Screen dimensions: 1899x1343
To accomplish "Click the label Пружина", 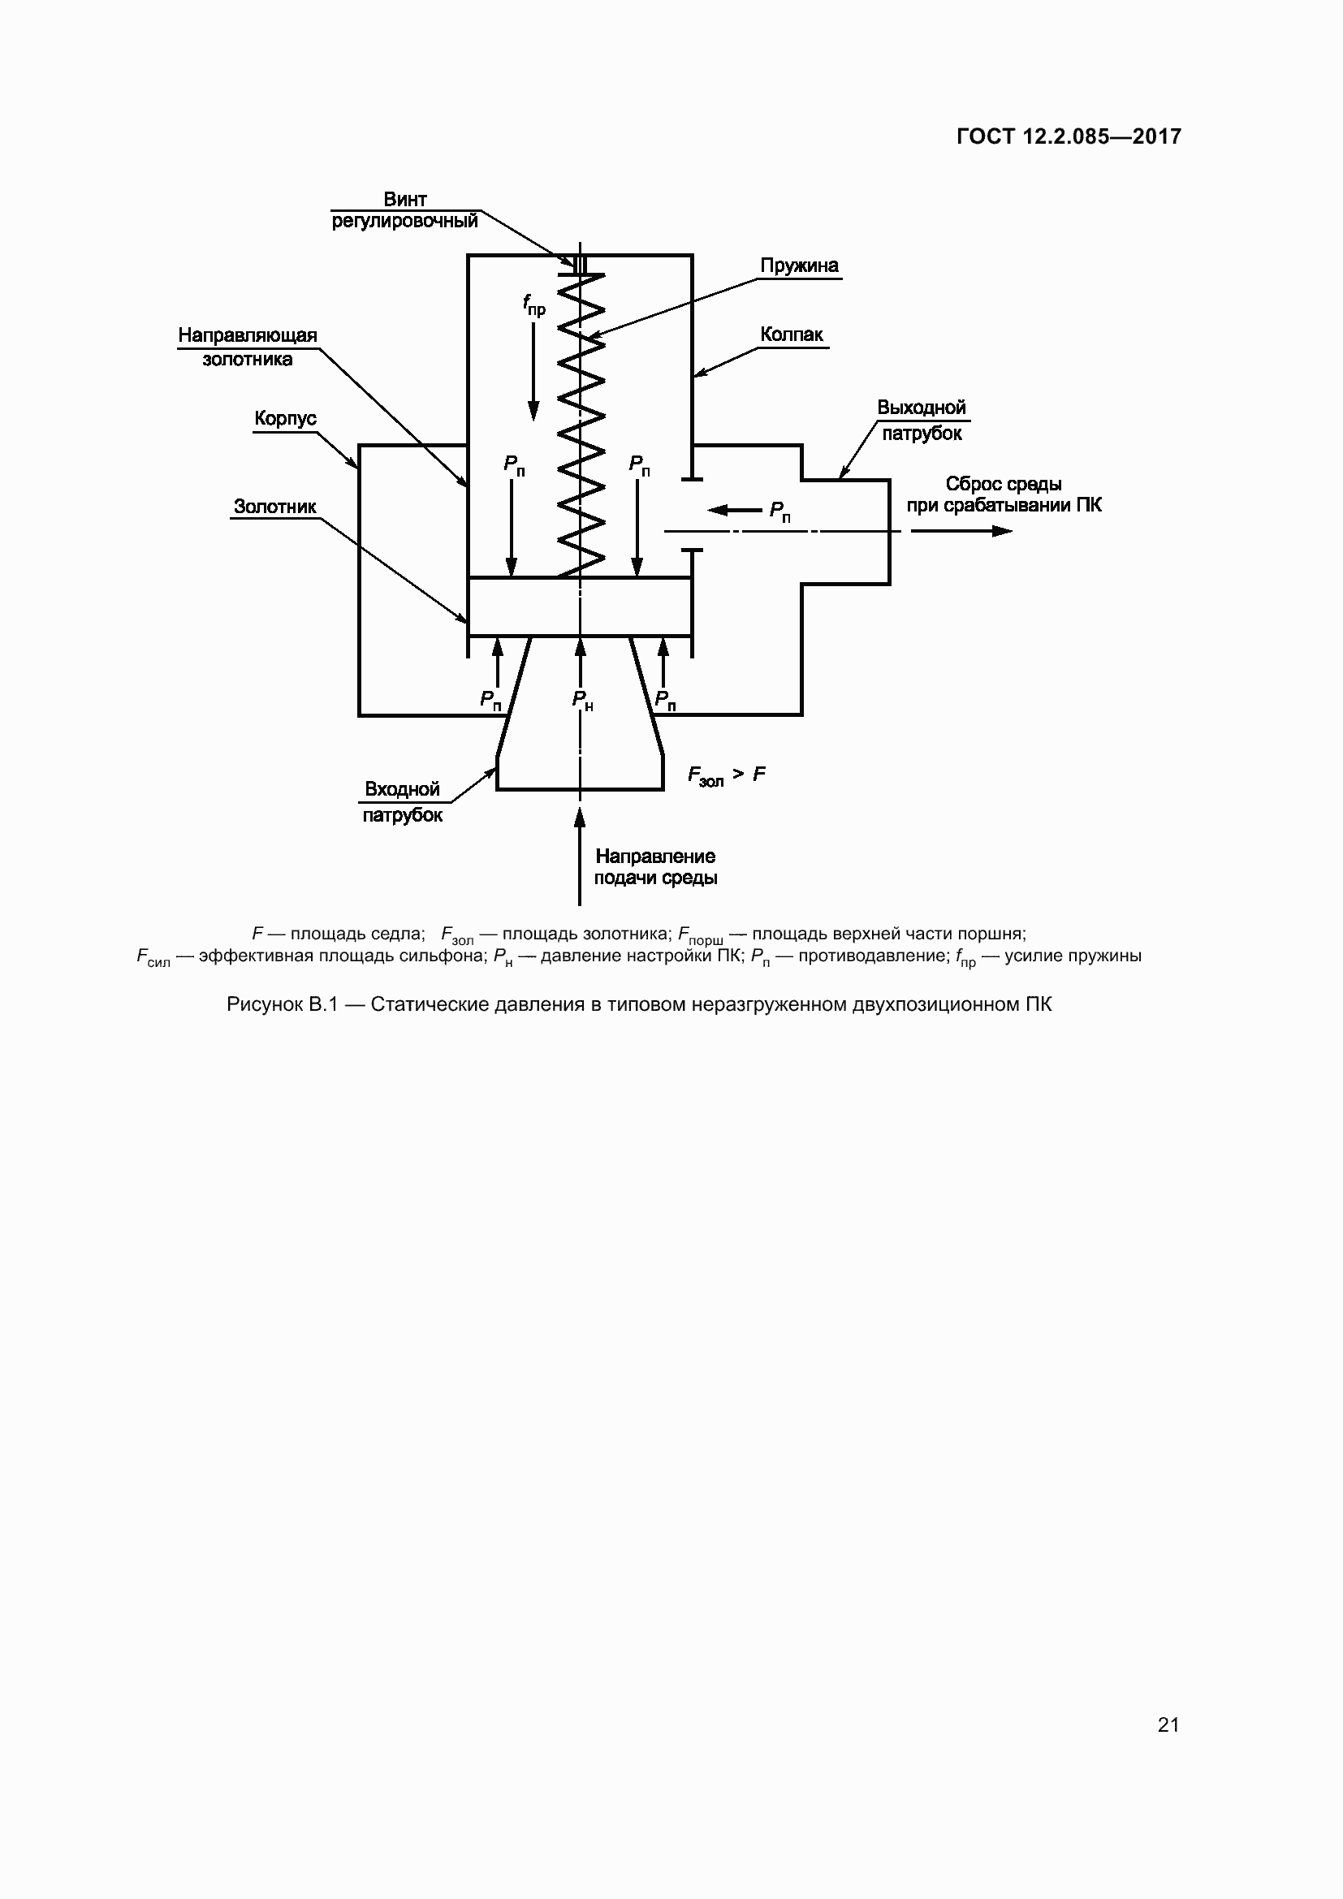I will [x=798, y=265].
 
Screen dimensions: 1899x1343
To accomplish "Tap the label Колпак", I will [x=792, y=334].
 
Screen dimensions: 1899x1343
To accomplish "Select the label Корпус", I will [x=285, y=418].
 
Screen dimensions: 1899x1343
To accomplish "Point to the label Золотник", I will [x=274, y=506].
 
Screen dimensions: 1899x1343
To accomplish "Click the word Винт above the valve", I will [x=404, y=200].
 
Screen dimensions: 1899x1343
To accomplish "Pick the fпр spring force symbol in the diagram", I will [x=533, y=305].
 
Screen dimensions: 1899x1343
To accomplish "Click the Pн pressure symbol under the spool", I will [x=582, y=701].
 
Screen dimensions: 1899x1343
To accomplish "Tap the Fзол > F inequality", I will [x=726, y=775].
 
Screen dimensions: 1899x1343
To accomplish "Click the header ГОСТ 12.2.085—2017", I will [x=1069, y=136].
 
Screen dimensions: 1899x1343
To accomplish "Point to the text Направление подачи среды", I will [x=655, y=867].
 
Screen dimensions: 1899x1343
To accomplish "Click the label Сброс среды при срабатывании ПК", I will [x=1003, y=494].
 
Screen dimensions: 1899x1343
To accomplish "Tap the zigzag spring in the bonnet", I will [x=581, y=422].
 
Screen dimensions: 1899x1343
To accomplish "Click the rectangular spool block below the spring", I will [x=580, y=606].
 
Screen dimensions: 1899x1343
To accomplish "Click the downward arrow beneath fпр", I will [x=533, y=372].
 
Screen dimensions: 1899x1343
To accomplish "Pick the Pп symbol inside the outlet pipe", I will [x=779, y=511].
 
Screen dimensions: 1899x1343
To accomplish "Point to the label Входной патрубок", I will [x=402, y=801].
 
